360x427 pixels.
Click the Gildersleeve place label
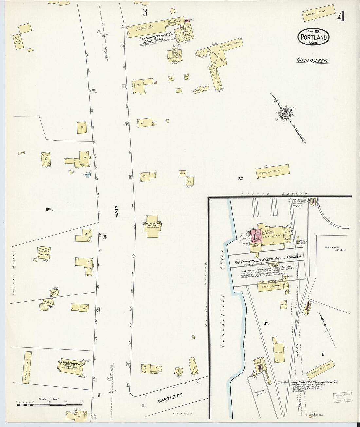pos(313,60)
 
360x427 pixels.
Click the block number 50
pos(241,179)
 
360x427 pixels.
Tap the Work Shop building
pos(43,253)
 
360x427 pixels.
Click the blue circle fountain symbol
pos(87,175)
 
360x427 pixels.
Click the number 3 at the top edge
pos(145,13)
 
